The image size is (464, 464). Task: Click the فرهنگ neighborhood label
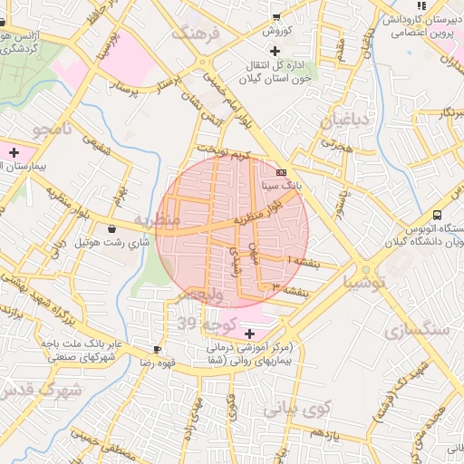coord(200,34)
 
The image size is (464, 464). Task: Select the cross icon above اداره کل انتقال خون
coord(275,50)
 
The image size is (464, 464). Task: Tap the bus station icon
coord(438,215)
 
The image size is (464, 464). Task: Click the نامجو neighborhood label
coord(52,130)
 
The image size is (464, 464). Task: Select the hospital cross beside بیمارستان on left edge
coord(13,152)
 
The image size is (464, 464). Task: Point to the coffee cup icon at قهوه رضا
coord(158,349)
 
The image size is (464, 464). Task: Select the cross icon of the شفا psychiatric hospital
coord(250,333)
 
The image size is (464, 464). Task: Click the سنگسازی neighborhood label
coord(416,331)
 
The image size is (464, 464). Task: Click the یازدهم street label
coord(324,434)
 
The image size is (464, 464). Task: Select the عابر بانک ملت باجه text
coord(81,344)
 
